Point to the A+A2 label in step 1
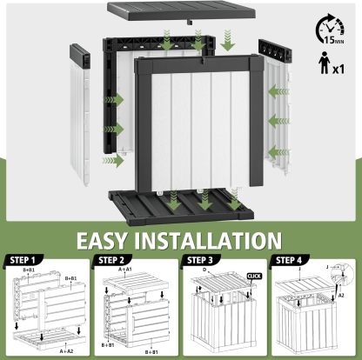[66, 351]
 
